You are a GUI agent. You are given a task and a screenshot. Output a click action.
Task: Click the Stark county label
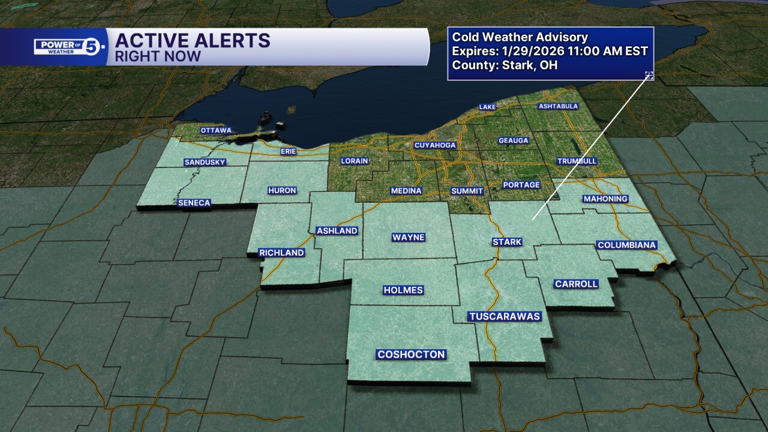coord(507,242)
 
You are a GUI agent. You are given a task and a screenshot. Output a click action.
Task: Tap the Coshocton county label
coord(411,355)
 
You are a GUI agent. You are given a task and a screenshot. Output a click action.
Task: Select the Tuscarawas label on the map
coord(505,316)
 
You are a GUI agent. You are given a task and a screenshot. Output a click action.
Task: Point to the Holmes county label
coord(403,290)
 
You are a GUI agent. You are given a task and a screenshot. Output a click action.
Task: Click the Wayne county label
coord(409,237)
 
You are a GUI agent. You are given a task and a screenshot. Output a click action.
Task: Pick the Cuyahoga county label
coord(435,145)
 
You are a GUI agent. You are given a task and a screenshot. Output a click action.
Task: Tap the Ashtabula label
coord(558,106)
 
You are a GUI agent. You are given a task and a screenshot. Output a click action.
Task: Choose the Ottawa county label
coord(216,130)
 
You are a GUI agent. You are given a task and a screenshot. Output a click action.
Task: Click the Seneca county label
coord(194,203)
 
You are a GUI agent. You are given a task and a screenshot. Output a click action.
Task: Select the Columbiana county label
coord(627,245)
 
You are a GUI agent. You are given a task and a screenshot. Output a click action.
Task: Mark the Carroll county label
coord(576,284)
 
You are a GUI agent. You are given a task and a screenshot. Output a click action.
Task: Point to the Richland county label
coord(281,253)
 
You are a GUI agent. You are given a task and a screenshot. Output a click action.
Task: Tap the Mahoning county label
coord(605,199)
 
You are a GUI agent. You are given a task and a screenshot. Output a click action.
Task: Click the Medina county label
coord(406,191)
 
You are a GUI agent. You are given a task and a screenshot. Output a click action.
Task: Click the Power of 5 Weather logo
coord(70,46)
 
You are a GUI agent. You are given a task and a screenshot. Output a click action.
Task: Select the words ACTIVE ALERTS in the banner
coord(193,41)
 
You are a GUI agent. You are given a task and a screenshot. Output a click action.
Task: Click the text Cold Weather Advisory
coord(520,38)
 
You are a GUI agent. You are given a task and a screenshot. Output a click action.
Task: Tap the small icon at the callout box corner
coord(649,75)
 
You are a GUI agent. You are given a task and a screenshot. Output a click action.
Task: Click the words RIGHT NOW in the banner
coord(158,56)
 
